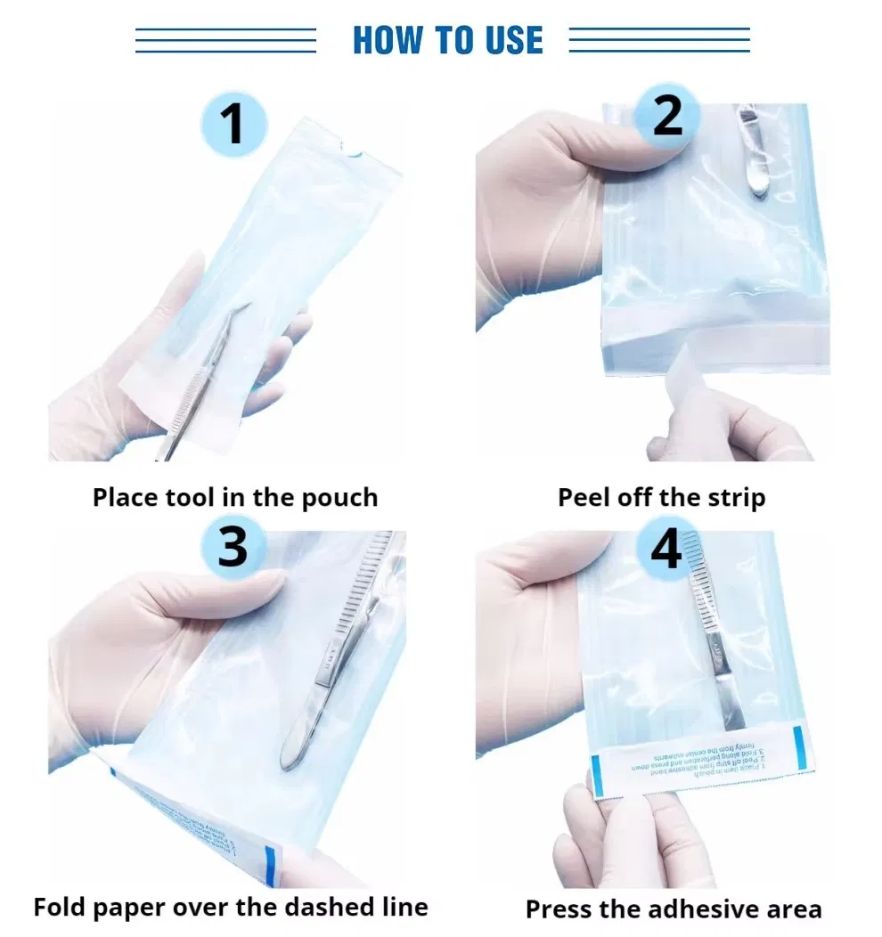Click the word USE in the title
(508, 40)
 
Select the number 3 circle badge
(233, 545)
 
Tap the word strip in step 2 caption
(735, 497)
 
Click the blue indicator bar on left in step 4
(597, 774)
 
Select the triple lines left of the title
(225, 40)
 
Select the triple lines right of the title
(659, 40)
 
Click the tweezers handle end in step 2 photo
(757, 183)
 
